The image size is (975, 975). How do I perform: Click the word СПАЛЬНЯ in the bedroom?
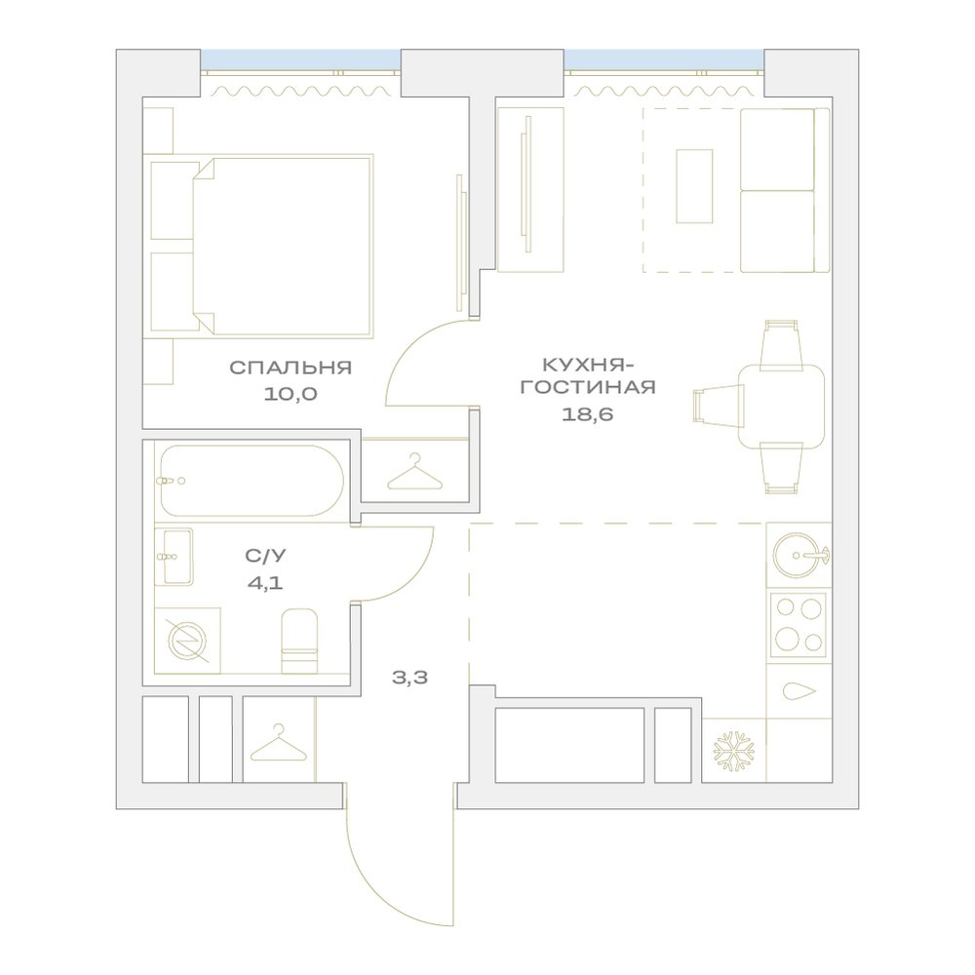pyautogui.click(x=291, y=368)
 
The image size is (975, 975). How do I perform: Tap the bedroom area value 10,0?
pyautogui.click(x=291, y=394)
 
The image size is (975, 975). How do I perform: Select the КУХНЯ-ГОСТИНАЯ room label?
pyautogui.click(x=588, y=375)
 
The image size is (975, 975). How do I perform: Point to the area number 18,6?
pyautogui.click(x=588, y=414)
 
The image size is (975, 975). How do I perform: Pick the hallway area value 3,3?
pyautogui.click(x=409, y=678)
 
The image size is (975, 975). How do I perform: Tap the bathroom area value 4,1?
pyautogui.click(x=265, y=583)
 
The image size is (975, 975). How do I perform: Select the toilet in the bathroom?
pyautogui.click(x=299, y=642)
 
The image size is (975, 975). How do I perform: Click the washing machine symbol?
pyautogui.click(x=188, y=641)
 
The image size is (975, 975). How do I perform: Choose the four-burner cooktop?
pyautogui.click(x=798, y=626)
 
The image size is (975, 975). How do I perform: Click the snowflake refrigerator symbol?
pyautogui.click(x=734, y=751)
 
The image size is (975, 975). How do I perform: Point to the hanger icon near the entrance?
pyautogui.click(x=279, y=744)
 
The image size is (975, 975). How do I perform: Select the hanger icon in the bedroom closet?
pyautogui.click(x=415, y=472)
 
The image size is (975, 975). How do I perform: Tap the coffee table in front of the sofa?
pyautogui.click(x=694, y=186)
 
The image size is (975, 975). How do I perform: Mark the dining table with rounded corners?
pyautogui.click(x=782, y=407)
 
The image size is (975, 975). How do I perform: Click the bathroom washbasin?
pyautogui.click(x=175, y=557)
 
